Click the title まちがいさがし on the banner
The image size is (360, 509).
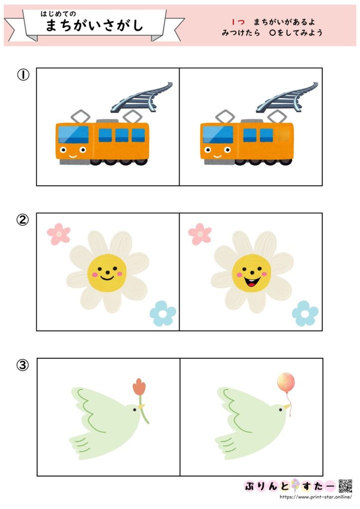(x=94, y=25)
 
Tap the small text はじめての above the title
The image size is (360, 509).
(x=58, y=13)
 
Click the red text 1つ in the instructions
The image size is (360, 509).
(x=238, y=22)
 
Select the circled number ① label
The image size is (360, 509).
(x=23, y=75)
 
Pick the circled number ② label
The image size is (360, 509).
(x=23, y=220)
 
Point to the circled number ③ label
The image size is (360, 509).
(x=23, y=365)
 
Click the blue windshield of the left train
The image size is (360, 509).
(x=74, y=134)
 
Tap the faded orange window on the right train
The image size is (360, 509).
(x=282, y=135)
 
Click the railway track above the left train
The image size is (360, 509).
(x=142, y=97)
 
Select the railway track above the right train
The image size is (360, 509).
(x=287, y=97)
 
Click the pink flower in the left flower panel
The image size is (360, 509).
(x=59, y=234)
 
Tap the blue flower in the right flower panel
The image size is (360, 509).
(x=305, y=313)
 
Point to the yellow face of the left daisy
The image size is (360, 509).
(x=107, y=272)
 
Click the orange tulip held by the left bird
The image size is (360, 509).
(x=139, y=387)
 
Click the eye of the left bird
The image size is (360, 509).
(x=135, y=410)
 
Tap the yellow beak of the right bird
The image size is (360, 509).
(x=287, y=407)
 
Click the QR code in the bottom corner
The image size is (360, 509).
(x=346, y=486)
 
